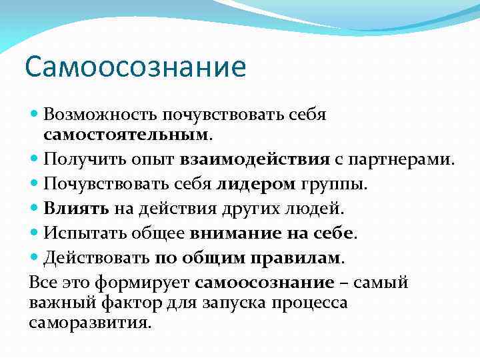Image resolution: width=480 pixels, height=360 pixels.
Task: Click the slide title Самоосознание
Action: (x=135, y=67)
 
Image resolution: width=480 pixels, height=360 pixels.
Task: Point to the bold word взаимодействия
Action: (x=255, y=160)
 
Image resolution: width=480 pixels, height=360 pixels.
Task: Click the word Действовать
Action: (x=96, y=257)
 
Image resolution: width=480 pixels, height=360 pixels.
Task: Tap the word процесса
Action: (x=315, y=303)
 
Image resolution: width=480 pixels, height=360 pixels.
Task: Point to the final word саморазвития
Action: (x=90, y=323)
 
